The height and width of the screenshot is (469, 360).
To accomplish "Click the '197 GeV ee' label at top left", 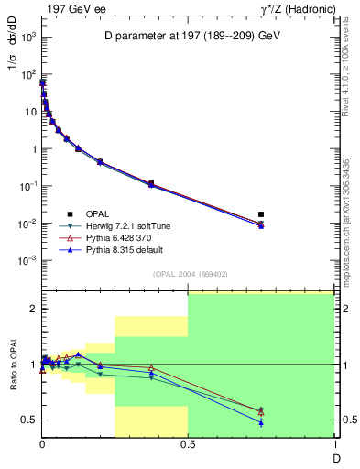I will (x=71, y=8).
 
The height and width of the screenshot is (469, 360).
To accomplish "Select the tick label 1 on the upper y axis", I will (x=32, y=148).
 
